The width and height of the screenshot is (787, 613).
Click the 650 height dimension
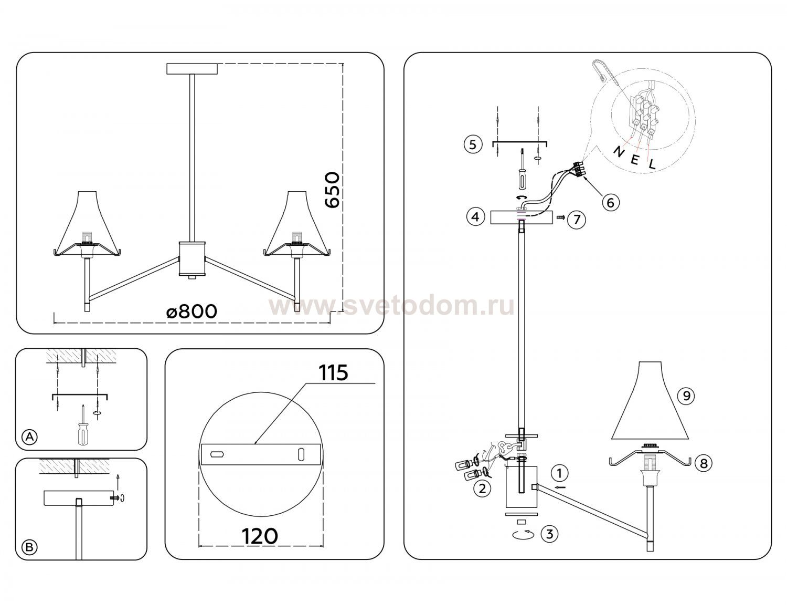(332, 190)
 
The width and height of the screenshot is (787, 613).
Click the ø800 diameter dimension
(192, 311)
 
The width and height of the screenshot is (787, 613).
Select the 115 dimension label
(333, 372)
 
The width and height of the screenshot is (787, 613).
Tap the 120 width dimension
(260, 536)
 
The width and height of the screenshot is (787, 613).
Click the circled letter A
(30, 437)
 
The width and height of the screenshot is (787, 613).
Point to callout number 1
(559, 473)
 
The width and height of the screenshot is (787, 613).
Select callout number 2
(482, 489)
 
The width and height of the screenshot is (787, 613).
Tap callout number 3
(549, 534)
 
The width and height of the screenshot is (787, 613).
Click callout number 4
(475, 217)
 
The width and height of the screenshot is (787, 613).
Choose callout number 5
(473, 144)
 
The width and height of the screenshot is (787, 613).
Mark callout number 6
(611, 202)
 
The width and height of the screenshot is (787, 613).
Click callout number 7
(577, 220)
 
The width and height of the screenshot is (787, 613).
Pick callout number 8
(704, 463)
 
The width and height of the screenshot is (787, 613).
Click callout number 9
(686, 396)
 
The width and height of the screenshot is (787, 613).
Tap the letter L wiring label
(652, 164)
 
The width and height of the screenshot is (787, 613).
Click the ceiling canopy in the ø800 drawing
(193, 69)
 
